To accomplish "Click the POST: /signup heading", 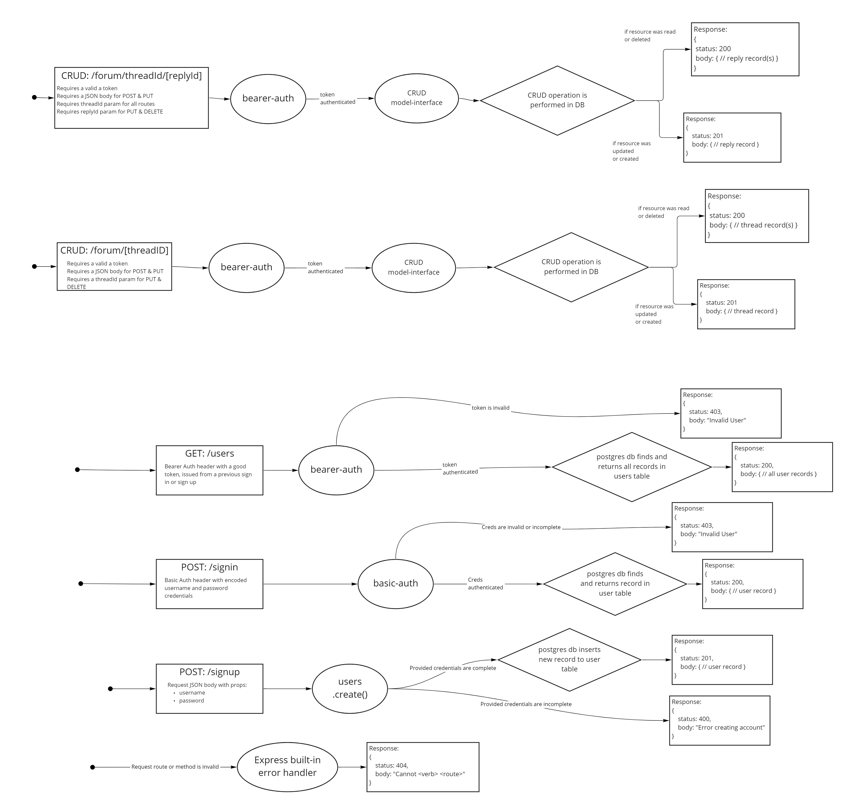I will click(209, 672).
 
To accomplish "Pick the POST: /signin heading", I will click(209, 567).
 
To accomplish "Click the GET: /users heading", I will click(209, 454).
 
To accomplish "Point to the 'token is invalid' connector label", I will click(490, 408).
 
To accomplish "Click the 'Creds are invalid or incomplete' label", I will click(521, 527).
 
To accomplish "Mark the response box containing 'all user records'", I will click(782, 467).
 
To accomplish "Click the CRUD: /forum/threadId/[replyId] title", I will click(131, 76).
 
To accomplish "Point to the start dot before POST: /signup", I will click(110, 689).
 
